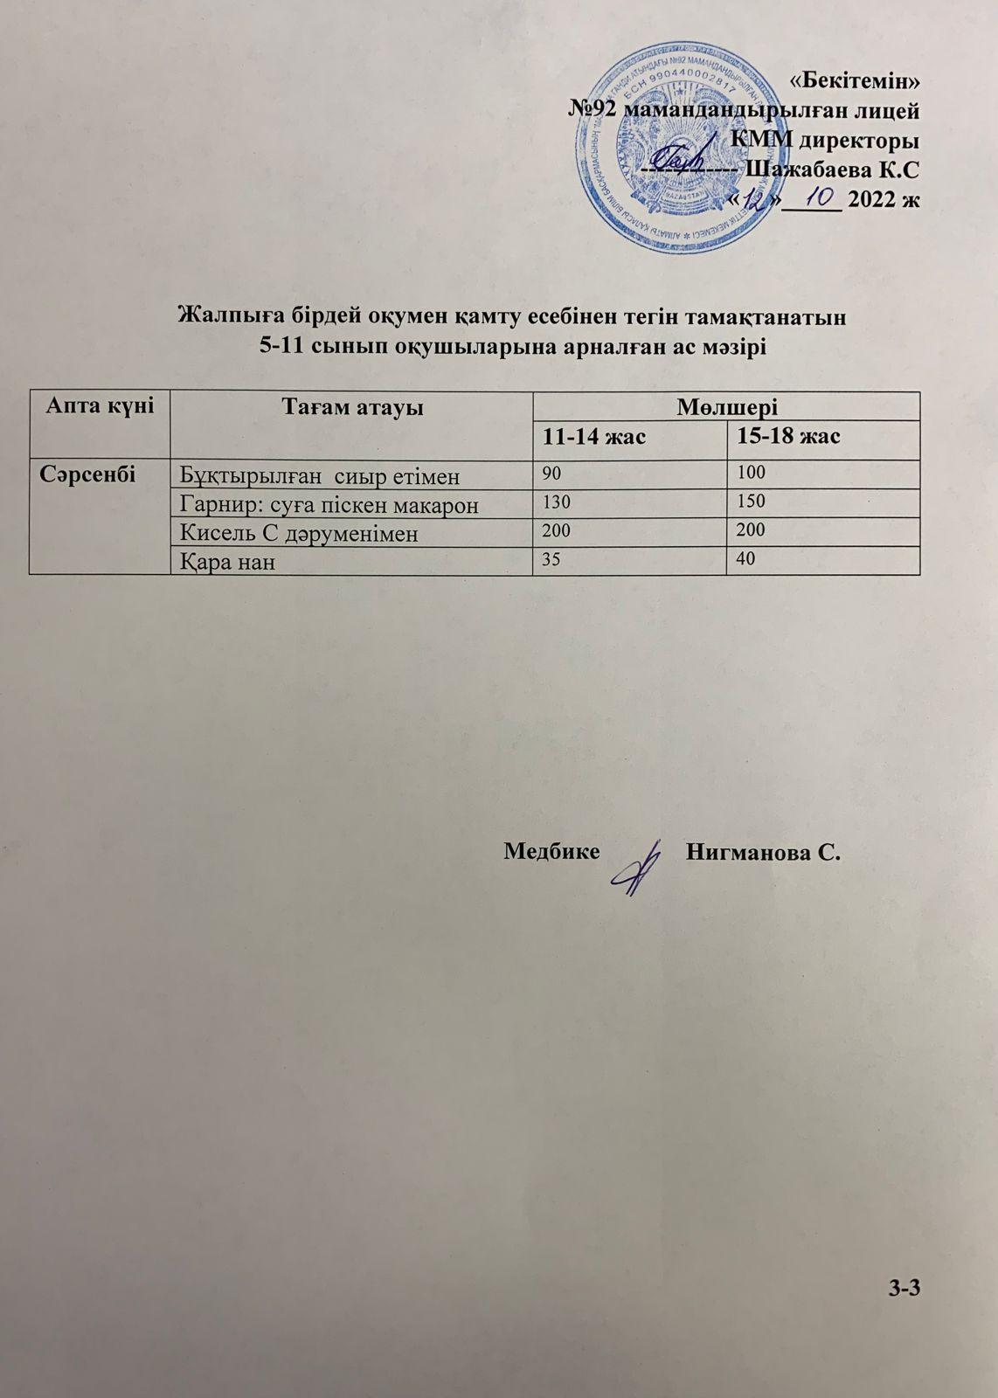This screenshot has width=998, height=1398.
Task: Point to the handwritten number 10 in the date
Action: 813,194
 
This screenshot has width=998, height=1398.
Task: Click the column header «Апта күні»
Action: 100,405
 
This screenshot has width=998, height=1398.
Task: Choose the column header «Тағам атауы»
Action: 352,407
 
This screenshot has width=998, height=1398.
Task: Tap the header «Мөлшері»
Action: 727,406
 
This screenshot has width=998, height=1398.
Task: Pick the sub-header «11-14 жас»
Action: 594,435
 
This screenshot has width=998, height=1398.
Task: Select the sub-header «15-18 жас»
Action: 788,435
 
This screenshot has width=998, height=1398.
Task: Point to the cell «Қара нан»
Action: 227,562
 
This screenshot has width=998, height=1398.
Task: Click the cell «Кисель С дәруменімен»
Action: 299,533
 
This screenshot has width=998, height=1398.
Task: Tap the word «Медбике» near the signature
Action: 551,851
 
